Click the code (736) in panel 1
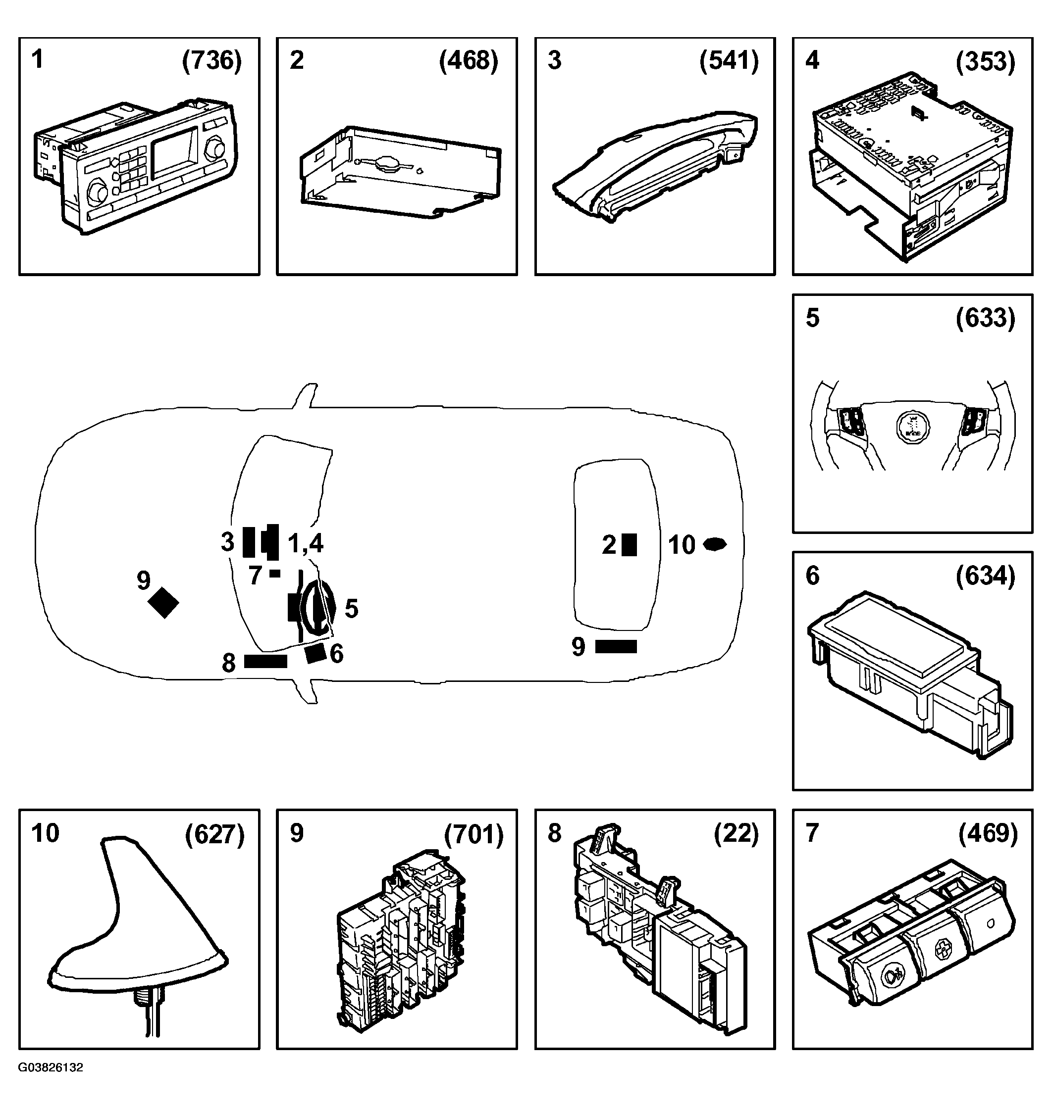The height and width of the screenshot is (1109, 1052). coord(212,60)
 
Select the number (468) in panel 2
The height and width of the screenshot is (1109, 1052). coord(469,60)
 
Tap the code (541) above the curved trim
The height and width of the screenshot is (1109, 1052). coord(729,60)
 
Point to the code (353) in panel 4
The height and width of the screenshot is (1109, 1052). coord(985,60)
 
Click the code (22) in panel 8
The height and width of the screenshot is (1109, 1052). coord(736,834)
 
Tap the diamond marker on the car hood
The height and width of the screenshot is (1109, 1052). coord(163,603)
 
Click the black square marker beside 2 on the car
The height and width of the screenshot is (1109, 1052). coord(629,544)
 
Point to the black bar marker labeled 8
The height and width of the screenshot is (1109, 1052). coord(265,662)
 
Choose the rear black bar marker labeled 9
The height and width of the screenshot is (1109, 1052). coord(616,647)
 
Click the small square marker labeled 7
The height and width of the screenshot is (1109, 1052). coord(275,573)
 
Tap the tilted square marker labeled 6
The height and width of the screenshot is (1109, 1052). coord(316,653)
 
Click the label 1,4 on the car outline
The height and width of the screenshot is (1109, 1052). coord(305,542)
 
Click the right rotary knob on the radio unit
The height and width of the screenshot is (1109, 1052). coord(214,148)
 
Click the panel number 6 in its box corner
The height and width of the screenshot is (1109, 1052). coord(813,576)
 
